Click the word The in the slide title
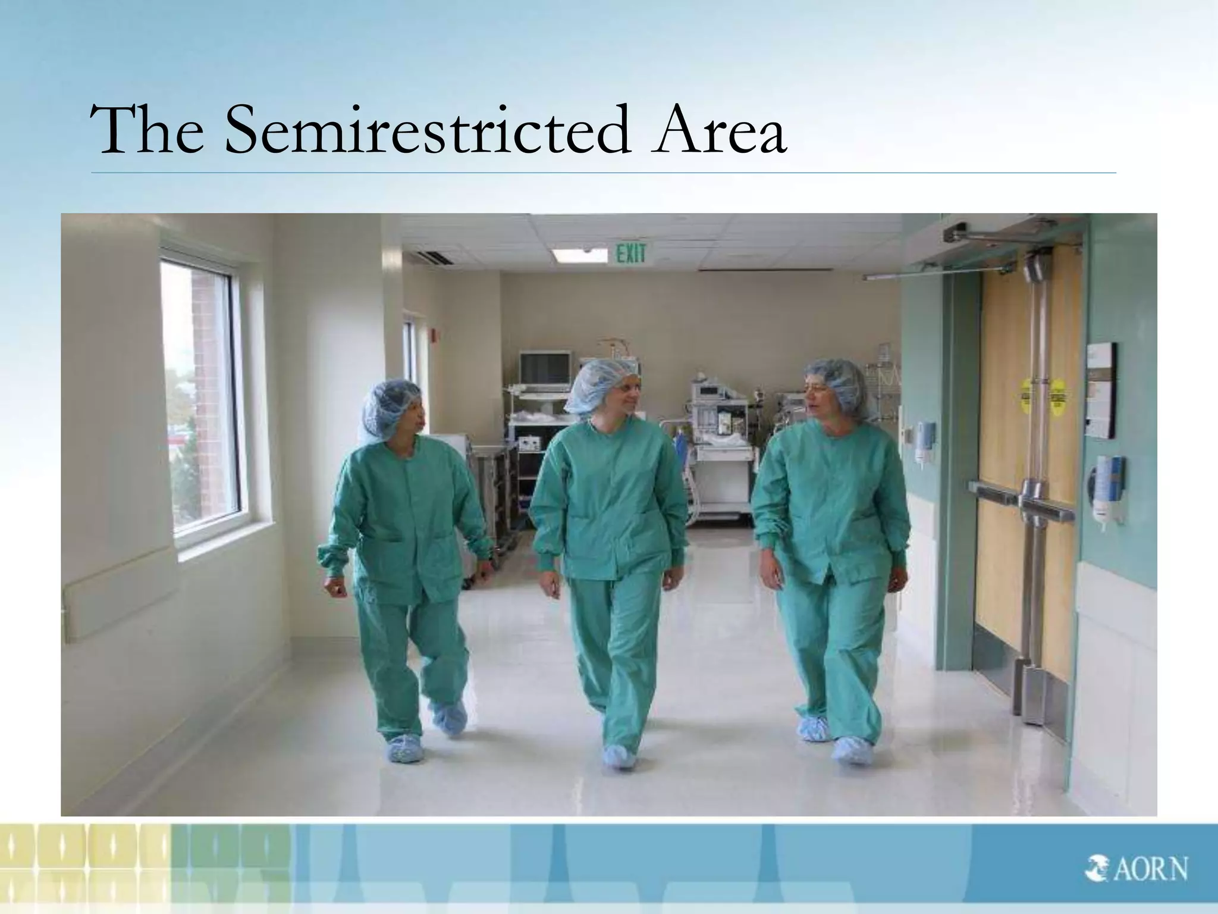tap(152, 132)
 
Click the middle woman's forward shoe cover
tap(619, 757)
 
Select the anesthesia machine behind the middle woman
tap(717, 434)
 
